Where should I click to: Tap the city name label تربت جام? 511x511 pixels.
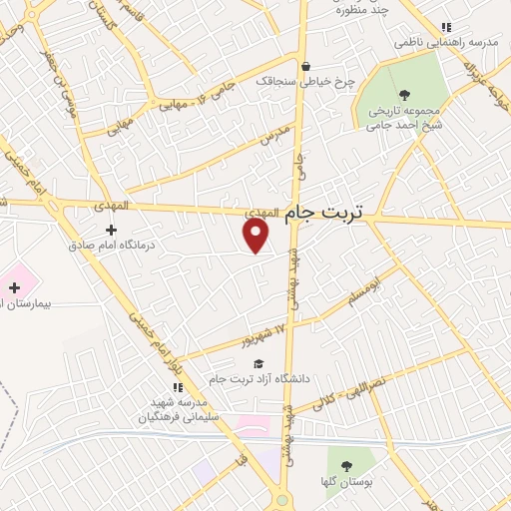tap(325, 213)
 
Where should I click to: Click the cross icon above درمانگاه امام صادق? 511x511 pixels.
tap(111, 230)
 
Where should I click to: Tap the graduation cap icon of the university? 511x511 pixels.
tap(258, 364)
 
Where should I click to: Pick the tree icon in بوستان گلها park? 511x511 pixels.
tap(346, 466)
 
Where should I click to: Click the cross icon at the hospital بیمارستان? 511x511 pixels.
tap(13, 287)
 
